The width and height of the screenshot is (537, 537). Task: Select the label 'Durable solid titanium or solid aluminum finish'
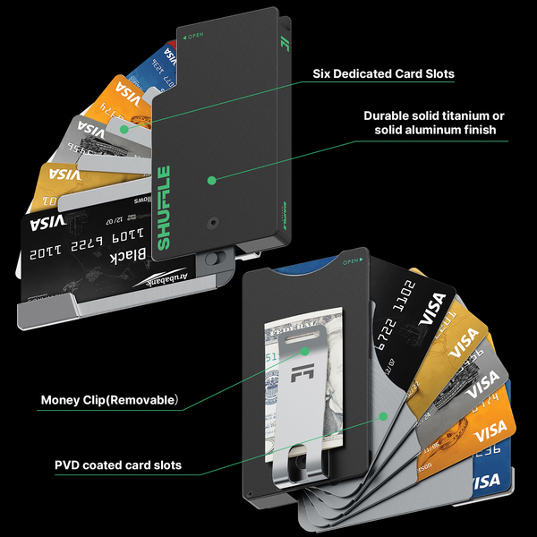pyautogui.click(x=435, y=123)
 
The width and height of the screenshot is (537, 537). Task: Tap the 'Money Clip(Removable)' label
pyautogui.click(x=109, y=399)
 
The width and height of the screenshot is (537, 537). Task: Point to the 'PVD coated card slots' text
pyautogui.click(x=118, y=465)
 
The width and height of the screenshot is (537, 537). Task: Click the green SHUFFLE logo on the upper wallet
pyautogui.click(x=165, y=208)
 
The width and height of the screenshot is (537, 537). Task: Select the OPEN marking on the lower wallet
pyautogui.click(x=350, y=262)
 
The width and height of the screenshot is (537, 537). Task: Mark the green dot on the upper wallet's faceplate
pyautogui.click(x=212, y=180)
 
